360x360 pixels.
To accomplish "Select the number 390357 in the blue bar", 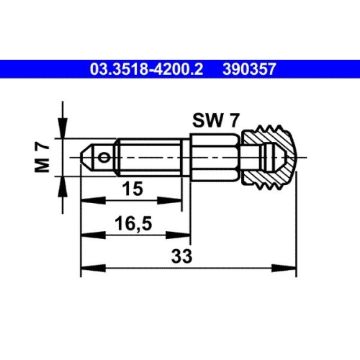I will pyautogui.click(x=250, y=70).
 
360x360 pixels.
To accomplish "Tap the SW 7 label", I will pyautogui.click(x=215, y=121).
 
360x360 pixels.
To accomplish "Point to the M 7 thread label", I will pyautogui.click(x=42, y=157).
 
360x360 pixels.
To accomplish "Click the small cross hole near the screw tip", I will pyautogui.click(x=106, y=157).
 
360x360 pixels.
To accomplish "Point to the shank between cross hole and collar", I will pyautogui.click(x=148, y=157).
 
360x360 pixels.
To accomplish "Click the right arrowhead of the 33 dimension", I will pyautogui.click(x=291, y=269).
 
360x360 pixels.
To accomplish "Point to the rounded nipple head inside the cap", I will pyautogui.click(x=274, y=157).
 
